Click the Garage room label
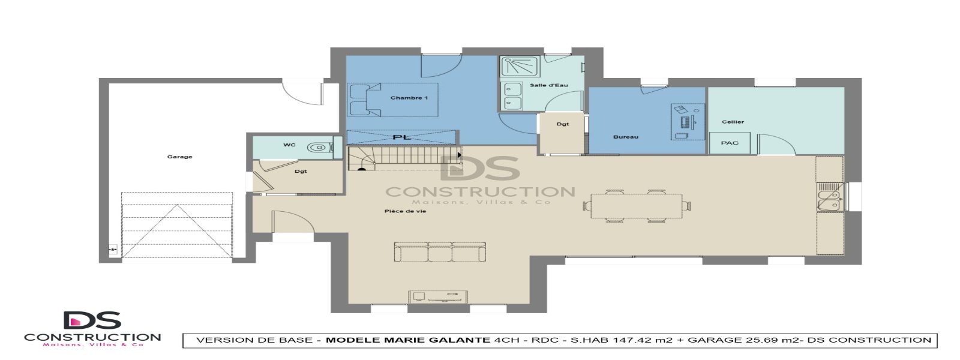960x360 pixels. coord(179,157)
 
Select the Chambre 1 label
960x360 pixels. coord(409,98)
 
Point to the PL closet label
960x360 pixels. coord(402,137)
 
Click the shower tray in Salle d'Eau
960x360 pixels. coord(512,67)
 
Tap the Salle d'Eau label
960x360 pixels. coord(548,85)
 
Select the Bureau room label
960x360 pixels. coord(625,137)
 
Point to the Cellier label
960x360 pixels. coord(733,122)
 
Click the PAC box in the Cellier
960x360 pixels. coord(730,143)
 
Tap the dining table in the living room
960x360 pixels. coord(637,206)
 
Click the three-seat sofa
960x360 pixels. coord(440,252)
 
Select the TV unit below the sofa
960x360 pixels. coord(439,296)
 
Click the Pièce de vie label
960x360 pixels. coord(405,211)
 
